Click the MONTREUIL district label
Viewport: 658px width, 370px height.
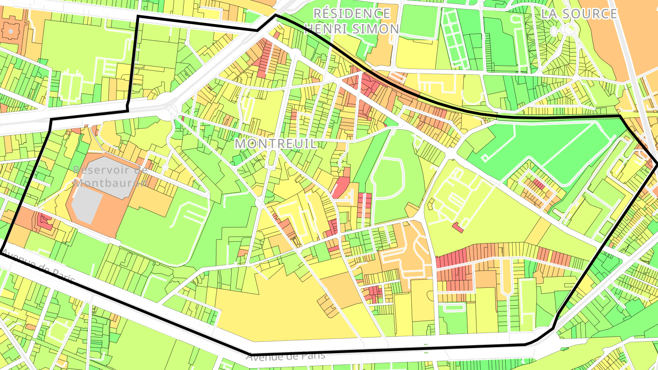tap(276, 143)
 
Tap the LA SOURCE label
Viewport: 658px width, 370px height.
tap(579, 14)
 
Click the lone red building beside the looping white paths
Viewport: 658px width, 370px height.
tap(457, 227)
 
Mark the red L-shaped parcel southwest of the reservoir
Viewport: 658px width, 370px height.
tap(44, 222)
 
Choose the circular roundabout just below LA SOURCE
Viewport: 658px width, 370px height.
tap(568, 30)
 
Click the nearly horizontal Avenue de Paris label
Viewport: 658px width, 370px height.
tap(285, 355)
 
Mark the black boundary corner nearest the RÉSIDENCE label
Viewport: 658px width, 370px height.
tap(275, 15)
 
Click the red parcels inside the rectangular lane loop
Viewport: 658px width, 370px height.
tap(539, 185)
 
